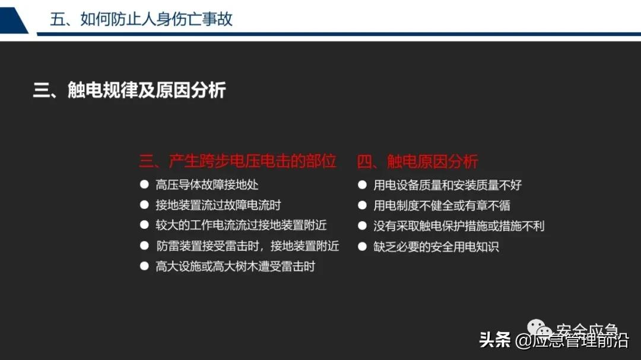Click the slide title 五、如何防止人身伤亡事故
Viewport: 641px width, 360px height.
pos(141,19)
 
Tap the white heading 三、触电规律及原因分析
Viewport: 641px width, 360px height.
pos(129,91)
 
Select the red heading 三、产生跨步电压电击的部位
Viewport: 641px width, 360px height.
pos(238,161)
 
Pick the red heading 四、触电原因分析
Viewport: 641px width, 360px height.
pos(417,161)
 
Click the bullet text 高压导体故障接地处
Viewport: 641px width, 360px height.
pos(207,185)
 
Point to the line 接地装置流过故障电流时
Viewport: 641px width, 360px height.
pos(218,205)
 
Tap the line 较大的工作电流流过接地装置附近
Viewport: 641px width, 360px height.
pos(241,225)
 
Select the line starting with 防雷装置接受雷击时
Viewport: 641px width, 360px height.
pos(247,246)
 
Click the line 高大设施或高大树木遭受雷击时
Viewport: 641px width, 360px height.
pos(235,266)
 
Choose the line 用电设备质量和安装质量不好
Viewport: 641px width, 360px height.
pos(448,185)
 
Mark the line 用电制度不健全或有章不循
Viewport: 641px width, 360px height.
pos(442,206)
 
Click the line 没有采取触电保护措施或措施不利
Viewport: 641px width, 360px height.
pos(459,226)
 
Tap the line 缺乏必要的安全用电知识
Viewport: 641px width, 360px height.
pos(436,246)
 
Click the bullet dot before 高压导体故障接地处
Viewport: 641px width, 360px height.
pos(144,184)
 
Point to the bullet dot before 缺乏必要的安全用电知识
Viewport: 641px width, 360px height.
pos(362,246)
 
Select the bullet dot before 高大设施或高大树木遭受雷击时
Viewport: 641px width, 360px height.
pos(144,266)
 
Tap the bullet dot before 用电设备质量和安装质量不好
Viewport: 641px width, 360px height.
pos(362,184)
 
